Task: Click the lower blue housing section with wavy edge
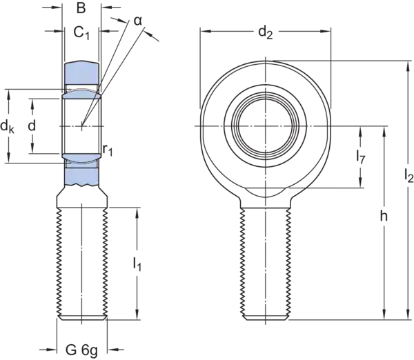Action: [82, 177]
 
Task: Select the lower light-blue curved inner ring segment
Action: [82, 158]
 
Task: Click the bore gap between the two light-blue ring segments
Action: [82, 126]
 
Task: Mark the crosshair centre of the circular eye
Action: [265, 126]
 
